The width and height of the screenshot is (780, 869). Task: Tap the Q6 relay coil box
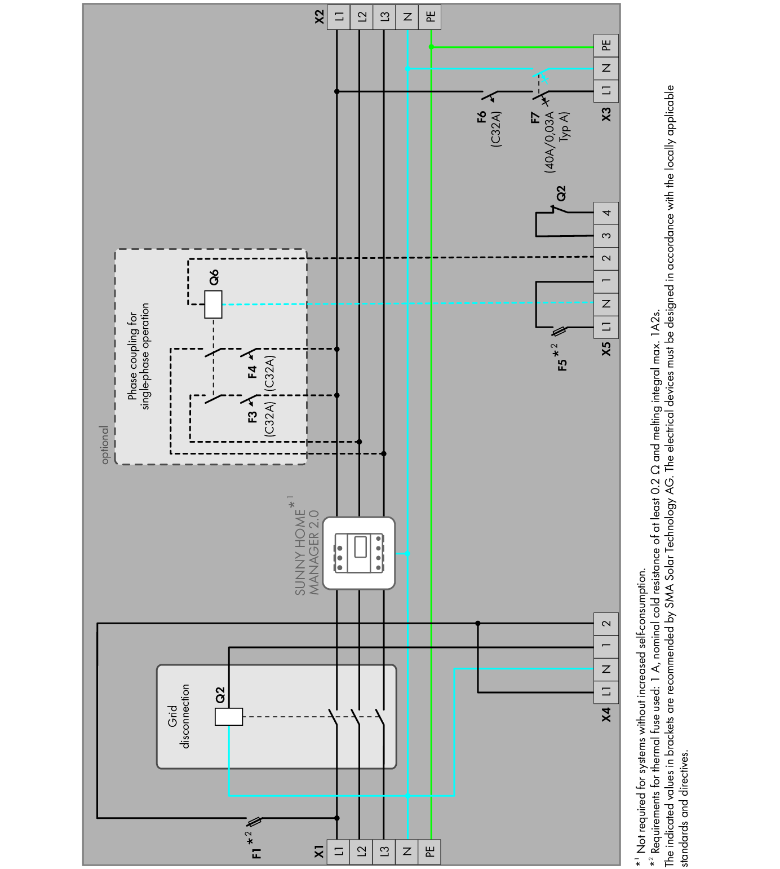tap(213, 305)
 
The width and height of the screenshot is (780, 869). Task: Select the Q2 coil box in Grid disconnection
tap(229, 716)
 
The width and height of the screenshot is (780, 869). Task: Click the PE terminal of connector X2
tap(431, 17)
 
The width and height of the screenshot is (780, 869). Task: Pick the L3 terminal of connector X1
tap(384, 851)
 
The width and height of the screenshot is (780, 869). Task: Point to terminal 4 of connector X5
tap(606, 213)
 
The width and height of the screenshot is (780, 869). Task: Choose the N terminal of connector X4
tap(606, 669)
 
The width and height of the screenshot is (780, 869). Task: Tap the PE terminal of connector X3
tap(606, 46)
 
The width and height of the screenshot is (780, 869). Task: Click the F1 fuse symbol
tap(255, 821)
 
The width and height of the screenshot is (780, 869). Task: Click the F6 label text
tap(481, 117)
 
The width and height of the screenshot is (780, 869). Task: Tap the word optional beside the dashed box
tap(105, 445)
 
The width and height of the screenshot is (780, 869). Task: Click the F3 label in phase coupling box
tap(252, 417)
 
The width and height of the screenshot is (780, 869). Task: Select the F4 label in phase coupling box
tap(252, 372)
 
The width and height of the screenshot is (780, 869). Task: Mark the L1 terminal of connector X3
tap(606, 90)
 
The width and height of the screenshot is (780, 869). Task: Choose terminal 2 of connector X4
tap(606, 624)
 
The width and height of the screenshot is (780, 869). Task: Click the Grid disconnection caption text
tap(180, 716)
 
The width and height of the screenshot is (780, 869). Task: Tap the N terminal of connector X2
tap(407, 17)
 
